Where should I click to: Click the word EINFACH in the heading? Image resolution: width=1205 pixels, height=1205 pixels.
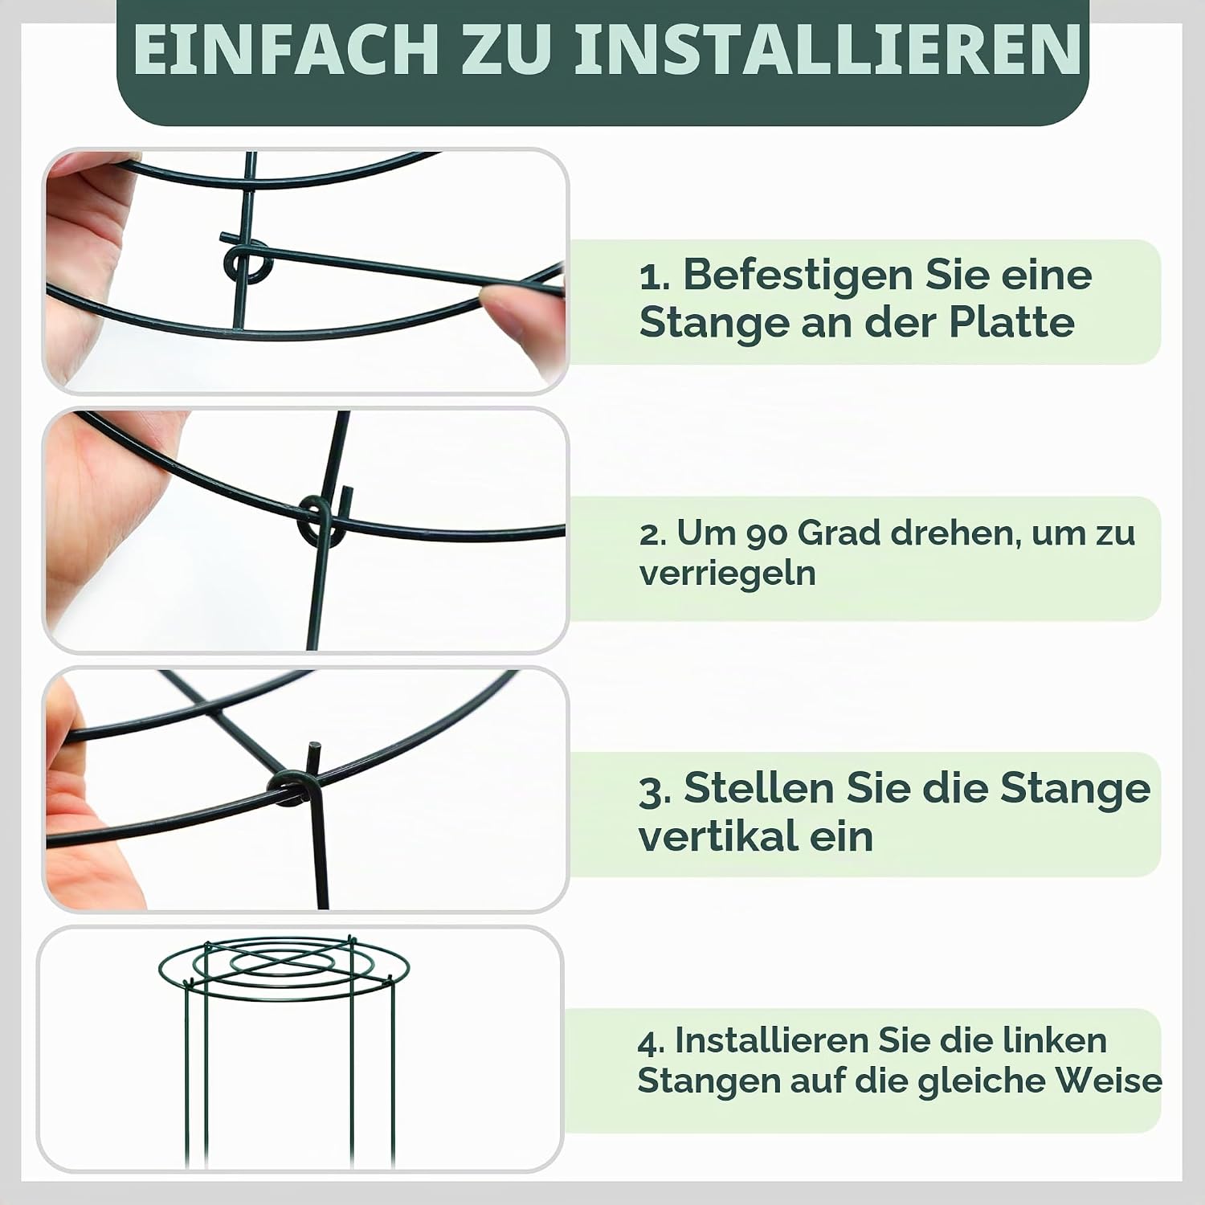(x=286, y=49)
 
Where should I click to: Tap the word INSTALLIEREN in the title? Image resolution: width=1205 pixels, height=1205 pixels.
(x=827, y=49)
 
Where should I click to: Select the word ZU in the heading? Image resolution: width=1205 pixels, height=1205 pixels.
(x=508, y=49)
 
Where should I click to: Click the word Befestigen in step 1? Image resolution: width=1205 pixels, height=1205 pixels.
(x=797, y=276)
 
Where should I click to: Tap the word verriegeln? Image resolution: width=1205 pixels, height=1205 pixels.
(x=727, y=574)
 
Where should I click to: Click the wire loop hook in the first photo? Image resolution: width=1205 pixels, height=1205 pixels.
(x=247, y=262)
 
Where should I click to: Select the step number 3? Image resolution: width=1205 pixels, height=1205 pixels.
(x=655, y=790)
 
